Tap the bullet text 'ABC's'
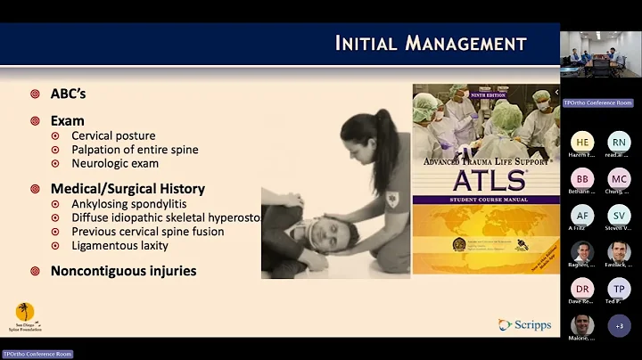click(68, 94)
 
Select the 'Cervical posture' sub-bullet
click(113, 136)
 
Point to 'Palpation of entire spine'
click(135, 150)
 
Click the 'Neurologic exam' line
click(115, 163)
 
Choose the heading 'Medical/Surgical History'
click(128, 189)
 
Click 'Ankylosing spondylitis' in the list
click(125, 204)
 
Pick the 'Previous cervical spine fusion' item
click(147, 232)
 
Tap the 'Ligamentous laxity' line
click(119, 245)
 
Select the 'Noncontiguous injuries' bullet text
click(123, 271)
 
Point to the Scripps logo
click(524, 325)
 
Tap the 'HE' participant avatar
click(582, 142)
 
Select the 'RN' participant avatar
click(619, 142)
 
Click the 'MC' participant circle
click(619, 178)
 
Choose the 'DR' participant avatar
click(582, 289)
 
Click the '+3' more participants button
click(619, 325)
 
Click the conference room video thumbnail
click(600, 54)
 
